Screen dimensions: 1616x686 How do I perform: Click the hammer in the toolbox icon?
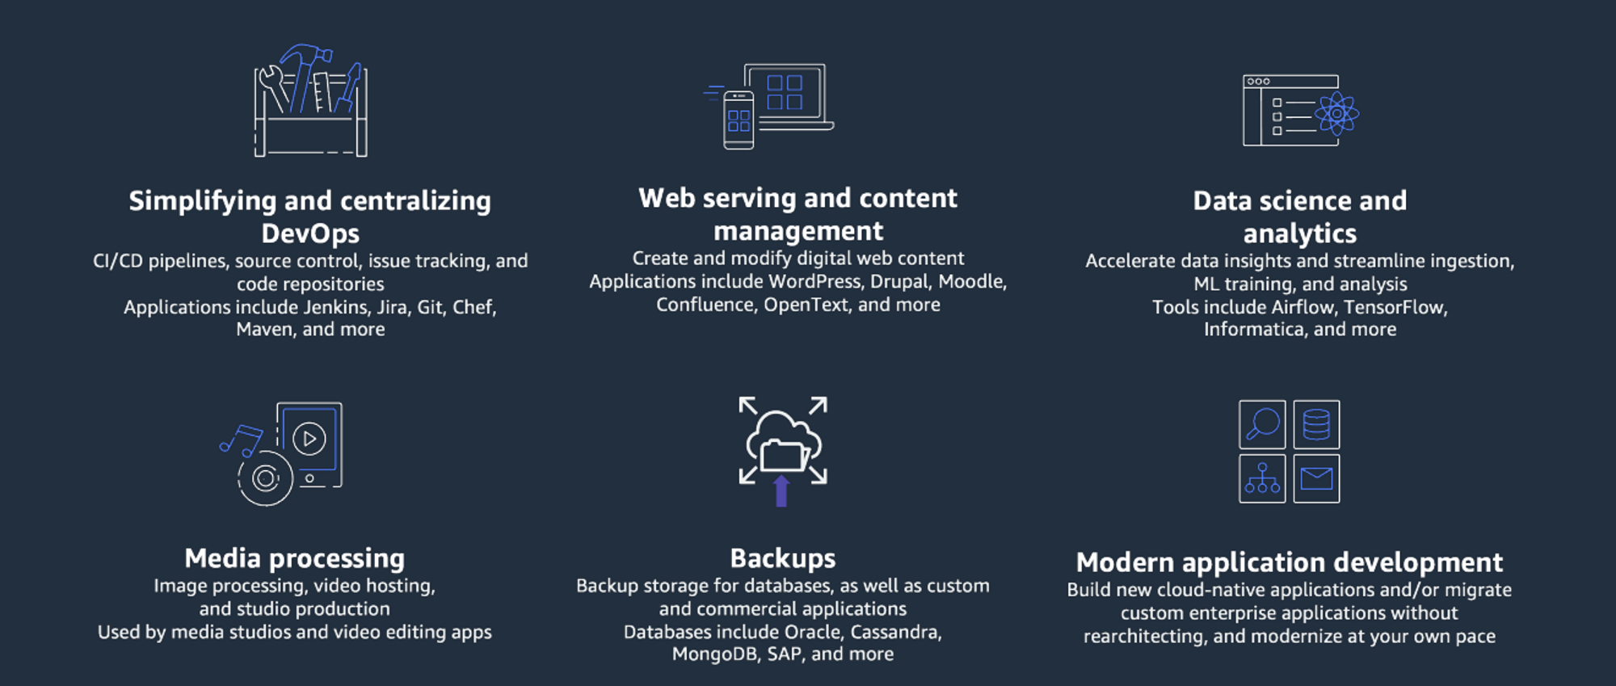[x=305, y=73]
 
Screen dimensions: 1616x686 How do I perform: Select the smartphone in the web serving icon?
[x=739, y=120]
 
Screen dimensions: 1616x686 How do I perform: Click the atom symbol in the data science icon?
[x=1336, y=114]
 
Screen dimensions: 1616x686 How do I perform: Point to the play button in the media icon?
[x=309, y=439]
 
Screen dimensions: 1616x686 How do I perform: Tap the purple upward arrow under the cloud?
[x=781, y=491]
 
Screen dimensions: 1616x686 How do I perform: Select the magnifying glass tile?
[x=1262, y=424]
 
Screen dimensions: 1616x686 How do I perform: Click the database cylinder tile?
[x=1316, y=424]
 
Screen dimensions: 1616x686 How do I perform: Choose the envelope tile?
[x=1316, y=478]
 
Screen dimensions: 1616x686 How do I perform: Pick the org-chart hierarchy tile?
[x=1262, y=478]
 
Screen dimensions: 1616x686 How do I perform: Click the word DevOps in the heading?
[x=310, y=234]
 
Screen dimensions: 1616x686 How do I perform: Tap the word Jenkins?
[x=336, y=307]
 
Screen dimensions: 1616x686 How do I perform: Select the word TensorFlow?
[x=1395, y=307]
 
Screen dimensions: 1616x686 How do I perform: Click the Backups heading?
[x=782, y=558]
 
